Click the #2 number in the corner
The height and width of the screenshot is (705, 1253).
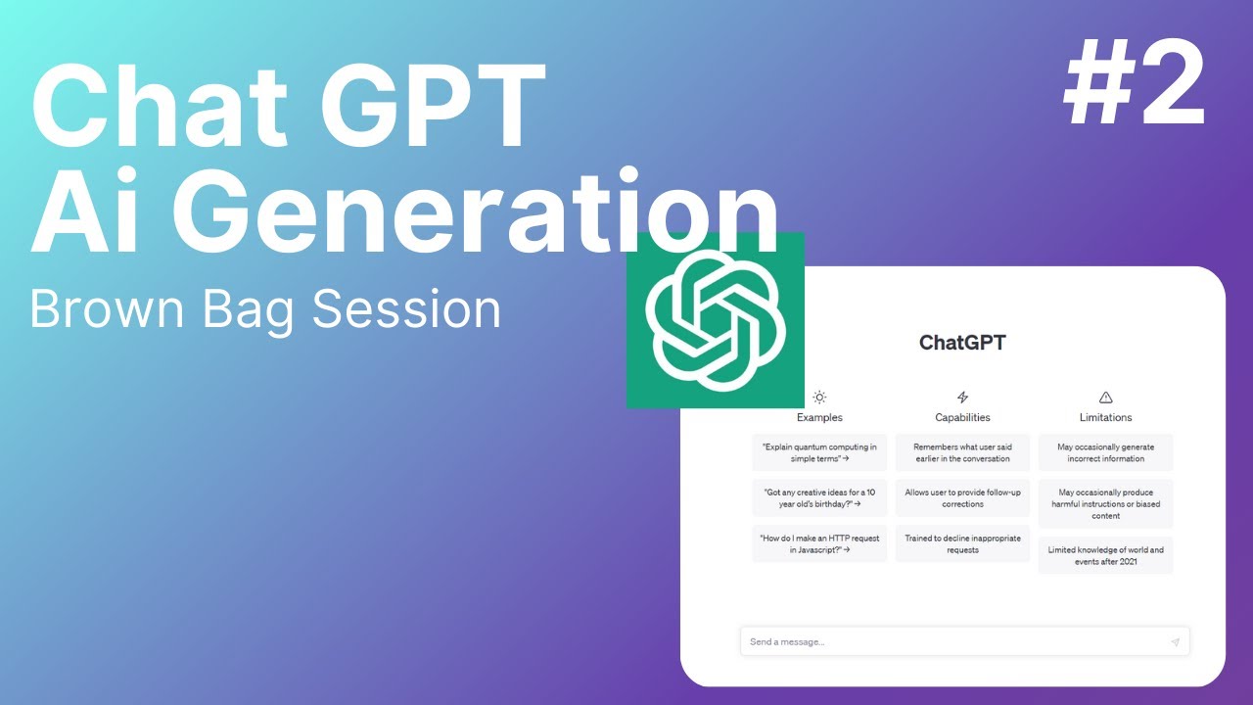pyautogui.click(x=1134, y=85)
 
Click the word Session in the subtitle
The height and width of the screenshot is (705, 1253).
pyautogui.click(x=406, y=308)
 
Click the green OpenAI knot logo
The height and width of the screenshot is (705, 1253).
pyautogui.click(x=716, y=319)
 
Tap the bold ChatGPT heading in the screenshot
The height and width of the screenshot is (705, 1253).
pyautogui.click(x=962, y=343)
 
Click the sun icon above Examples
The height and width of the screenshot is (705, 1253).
pyautogui.click(x=819, y=398)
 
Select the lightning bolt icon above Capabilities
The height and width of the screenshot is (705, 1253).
pyautogui.click(x=962, y=398)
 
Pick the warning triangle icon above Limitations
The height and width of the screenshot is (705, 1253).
pyautogui.click(x=1106, y=398)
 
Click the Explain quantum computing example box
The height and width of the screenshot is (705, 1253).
pyautogui.click(x=819, y=452)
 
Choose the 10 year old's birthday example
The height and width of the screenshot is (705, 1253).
pyautogui.click(x=819, y=497)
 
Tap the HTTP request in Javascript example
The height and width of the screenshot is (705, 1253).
pyautogui.click(x=819, y=543)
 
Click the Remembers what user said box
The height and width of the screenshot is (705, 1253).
pyautogui.click(x=962, y=452)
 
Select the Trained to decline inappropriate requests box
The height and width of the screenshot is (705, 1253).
pyautogui.click(x=962, y=543)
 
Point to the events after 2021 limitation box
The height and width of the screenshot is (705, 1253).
pyautogui.click(x=1106, y=555)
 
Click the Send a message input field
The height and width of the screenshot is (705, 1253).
pyautogui.click(x=950, y=641)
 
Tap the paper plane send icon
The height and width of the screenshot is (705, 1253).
pyautogui.click(x=1175, y=642)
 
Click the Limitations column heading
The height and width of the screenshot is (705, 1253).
pyautogui.click(x=1106, y=417)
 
